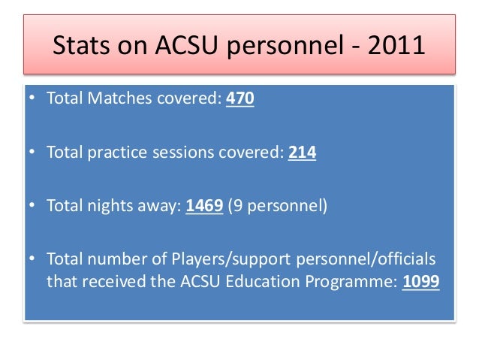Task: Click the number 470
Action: point(240,100)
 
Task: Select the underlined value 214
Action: point(302,153)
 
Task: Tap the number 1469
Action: point(204,206)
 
